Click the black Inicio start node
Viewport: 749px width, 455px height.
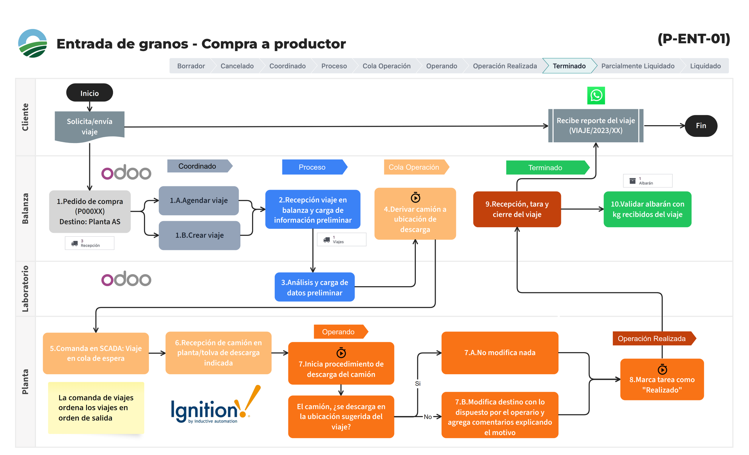pyautogui.click(x=89, y=93)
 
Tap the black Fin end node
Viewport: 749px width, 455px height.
pyautogui.click(x=701, y=126)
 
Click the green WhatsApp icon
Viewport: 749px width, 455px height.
pyautogui.click(x=596, y=96)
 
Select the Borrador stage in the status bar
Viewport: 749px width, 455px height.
pyautogui.click(x=191, y=66)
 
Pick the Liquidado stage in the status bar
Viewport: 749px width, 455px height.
pyautogui.click(x=705, y=66)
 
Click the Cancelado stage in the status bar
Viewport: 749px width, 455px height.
pyautogui.click(x=237, y=66)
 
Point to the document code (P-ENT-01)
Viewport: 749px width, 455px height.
pyautogui.click(x=694, y=39)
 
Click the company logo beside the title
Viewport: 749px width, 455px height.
pyautogui.click(x=33, y=43)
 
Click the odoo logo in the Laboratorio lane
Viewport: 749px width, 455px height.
pyautogui.click(x=126, y=279)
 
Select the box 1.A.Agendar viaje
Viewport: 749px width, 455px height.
pyautogui.click(x=199, y=200)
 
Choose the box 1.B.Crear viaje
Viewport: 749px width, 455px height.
pyautogui.click(x=199, y=235)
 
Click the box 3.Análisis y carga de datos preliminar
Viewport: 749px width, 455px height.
pyautogui.click(x=314, y=287)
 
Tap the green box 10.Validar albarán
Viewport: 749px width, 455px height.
pyautogui.click(x=647, y=209)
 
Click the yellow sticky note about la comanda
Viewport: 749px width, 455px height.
pyautogui.click(x=96, y=407)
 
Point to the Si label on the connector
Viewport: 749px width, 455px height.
pyautogui.click(x=418, y=384)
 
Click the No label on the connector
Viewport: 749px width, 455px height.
pyautogui.click(x=428, y=417)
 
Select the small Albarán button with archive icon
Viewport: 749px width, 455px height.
pyautogui.click(x=647, y=181)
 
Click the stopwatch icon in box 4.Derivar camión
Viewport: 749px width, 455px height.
pyautogui.click(x=415, y=198)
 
